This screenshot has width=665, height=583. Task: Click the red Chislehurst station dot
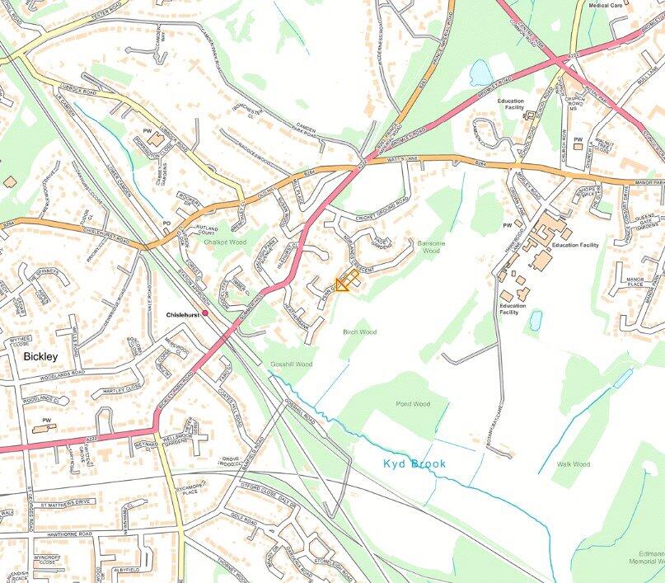click(x=205, y=313)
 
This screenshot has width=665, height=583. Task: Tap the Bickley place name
click(x=40, y=357)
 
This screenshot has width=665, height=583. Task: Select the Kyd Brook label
click(x=414, y=464)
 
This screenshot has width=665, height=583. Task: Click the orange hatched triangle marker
click(x=342, y=284)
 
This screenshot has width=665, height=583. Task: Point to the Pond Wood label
click(x=413, y=404)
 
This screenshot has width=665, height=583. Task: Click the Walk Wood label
click(x=573, y=464)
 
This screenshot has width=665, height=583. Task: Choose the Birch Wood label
click(x=359, y=331)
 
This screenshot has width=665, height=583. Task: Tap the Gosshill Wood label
click(x=291, y=364)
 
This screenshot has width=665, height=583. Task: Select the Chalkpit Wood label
click(x=225, y=242)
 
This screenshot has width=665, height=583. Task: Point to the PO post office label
click(x=166, y=223)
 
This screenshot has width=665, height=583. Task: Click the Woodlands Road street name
click(x=62, y=373)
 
